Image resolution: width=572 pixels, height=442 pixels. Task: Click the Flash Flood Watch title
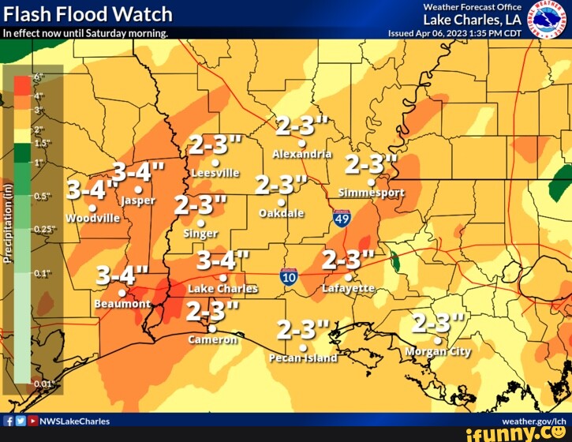(x=88, y=13)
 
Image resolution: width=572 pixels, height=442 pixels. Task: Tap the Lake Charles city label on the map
(x=222, y=289)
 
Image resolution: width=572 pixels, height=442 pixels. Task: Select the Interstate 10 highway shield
(x=289, y=276)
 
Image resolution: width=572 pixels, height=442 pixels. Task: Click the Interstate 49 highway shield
(x=342, y=218)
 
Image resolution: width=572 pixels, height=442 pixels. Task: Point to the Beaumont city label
(x=122, y=303)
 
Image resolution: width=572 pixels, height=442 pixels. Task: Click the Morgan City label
(x=438, y=351)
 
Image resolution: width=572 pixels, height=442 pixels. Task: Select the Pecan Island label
(x=303, y=358)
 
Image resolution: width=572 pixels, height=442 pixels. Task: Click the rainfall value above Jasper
(x=139, y=171)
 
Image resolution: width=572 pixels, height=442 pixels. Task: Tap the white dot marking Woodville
(x=92, y=208)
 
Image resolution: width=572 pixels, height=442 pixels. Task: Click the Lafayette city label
(x=348, y=289)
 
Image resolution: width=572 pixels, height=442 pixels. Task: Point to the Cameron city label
(x=212, y=339)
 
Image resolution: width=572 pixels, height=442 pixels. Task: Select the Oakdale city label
(x=282, y=213)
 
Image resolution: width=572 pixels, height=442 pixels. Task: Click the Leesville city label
(x=215, y=172)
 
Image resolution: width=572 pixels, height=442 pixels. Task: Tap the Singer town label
(x=200, y=234)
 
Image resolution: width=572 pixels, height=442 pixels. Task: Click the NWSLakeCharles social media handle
(x=74, y=421)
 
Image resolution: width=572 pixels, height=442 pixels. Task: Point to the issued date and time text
(x=454, y=34)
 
